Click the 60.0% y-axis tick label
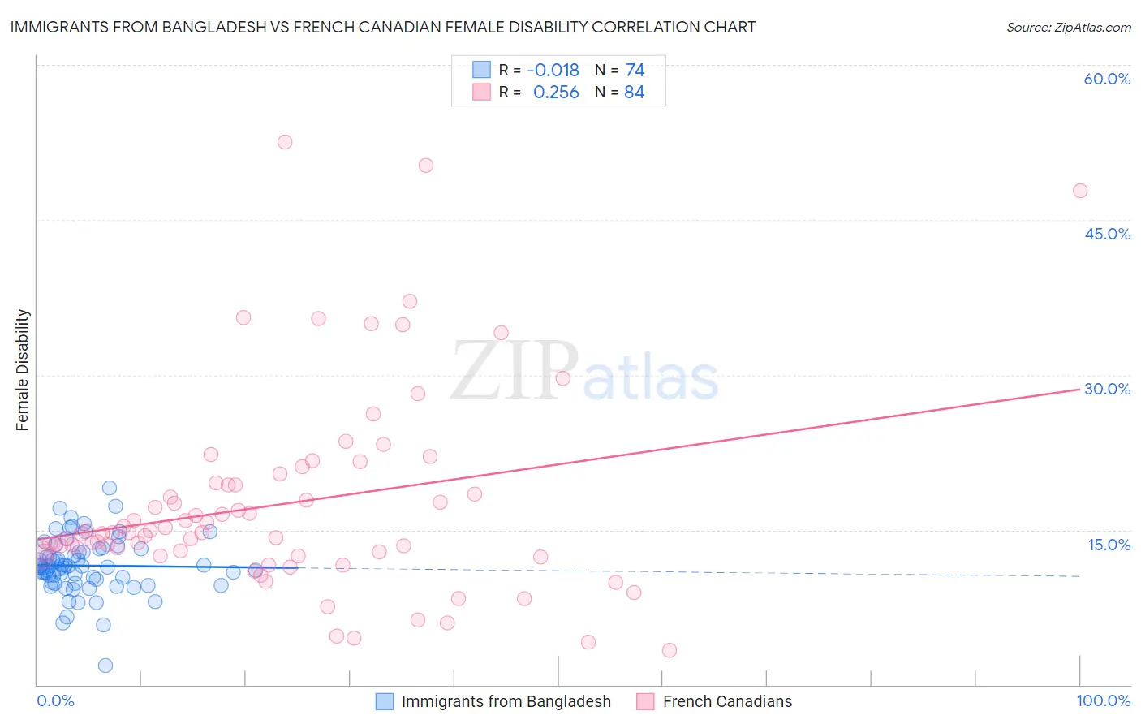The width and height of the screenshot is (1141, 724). pyautogui.click(x=1107, y=79)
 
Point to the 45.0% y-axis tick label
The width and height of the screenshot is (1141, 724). pyautogui.click(x=1107, y=234)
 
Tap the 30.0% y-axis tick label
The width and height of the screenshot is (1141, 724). pyautogui.click(x=1107, y=389)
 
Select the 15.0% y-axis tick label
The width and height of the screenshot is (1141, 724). pyautogui.click(x=1109, y=545)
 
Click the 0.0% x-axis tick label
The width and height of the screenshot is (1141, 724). pyautogui.click(x=55, y=700)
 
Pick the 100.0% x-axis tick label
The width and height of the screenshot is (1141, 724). pyautogui.click(x=1103, y=700)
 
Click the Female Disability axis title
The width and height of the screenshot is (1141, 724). pyautogui.click(x=22, y=370)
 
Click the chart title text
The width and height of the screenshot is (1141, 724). pyautogui.click(x=382, y=27)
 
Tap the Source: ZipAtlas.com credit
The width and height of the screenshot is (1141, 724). pyautogui.click(x=1068, y=27)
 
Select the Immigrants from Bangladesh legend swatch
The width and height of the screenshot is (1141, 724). pyautogui.click(x=385, y=702)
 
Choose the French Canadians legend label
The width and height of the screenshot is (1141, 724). pyautogui.click(x=727, y=702)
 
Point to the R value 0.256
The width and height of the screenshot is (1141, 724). pyautogui.click(x=556, y=93)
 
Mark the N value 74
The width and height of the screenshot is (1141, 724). pyautogui.click(x=635, y=70)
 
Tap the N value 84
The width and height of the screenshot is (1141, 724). pyautogui.click(x=635, y=93)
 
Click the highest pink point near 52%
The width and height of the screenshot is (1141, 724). pyautogui.click(x=285, y=142)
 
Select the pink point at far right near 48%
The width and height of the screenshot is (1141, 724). pyautogui.click(x=1080, y=191)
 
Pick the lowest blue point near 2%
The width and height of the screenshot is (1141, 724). pyautogui.click(x=105, y=666)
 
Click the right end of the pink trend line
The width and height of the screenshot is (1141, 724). pyautogui.click(x=1079, y=390)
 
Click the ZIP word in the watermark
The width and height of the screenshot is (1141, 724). pyautogui.click(x=514, y=371)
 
